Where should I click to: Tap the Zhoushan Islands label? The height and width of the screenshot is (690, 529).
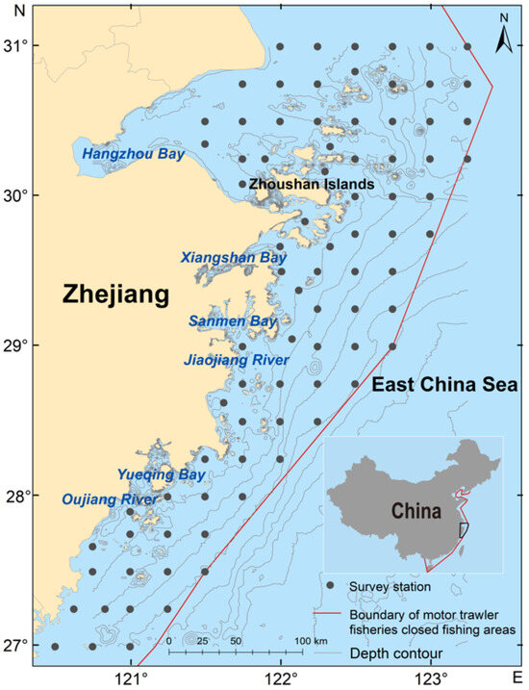pos(312,184)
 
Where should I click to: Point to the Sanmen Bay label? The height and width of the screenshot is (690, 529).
pos(233,320)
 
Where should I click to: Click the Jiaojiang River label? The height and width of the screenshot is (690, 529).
pos(236,360)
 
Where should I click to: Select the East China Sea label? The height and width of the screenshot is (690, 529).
pos(445,384)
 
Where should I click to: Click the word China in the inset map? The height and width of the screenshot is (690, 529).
pos(416,511)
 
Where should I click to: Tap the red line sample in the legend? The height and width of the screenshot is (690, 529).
pos(331,611)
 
